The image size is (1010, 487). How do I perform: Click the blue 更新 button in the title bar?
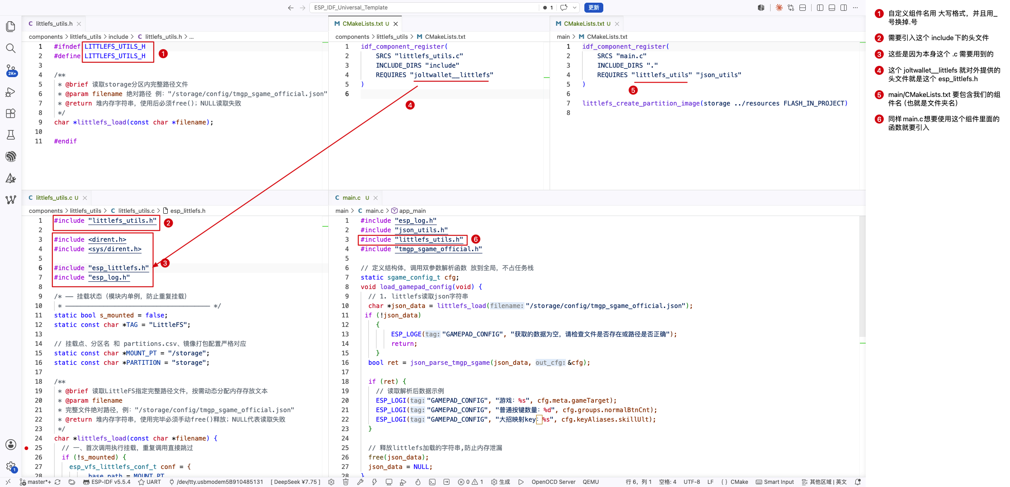coord(593,8)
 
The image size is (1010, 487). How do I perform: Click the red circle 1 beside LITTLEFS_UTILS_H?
coord(163,54)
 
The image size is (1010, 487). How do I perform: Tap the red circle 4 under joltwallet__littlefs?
coord(410,105)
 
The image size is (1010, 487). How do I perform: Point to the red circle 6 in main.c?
coord(475,239)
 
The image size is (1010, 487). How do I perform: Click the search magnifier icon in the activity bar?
coord(11,48)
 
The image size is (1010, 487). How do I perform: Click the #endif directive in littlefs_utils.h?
coord(65,141)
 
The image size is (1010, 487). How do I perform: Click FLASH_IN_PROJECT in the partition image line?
coord(815,103)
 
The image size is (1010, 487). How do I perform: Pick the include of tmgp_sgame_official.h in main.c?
coord(421,249)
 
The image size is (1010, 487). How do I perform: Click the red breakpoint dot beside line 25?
coord(26,448)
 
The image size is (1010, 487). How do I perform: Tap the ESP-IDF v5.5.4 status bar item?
coord(107,482)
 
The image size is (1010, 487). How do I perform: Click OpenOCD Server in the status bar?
coord(553,482)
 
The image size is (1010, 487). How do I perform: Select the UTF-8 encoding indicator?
coord(692,482)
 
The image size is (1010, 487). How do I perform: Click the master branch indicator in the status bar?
coord(36,482)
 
